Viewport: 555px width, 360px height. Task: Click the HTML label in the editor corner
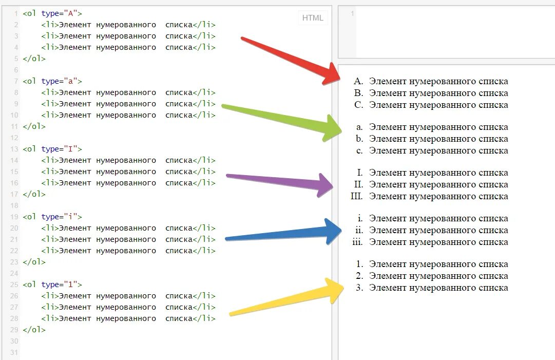pyautogui.click(x=313, y=18)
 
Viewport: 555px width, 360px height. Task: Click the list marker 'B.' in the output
pyautogui.click(x=358, y=93)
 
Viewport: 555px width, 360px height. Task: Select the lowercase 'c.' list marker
pyautogui.click(x=359, y=150)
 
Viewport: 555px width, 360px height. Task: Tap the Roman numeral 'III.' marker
pyautogui.click(x=357, y=196)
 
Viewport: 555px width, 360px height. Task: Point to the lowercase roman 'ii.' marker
pyautogui.click(x=359, y=230)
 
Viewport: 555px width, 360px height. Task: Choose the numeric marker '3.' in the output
pyautogui.click(x=359, y=288)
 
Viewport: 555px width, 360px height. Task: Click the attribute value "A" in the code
pyautogui.click(x=72, y=13)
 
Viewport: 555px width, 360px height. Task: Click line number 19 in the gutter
pyautogui.click(x=14, y=217)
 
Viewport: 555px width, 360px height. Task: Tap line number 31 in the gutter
pyautogui.click(x=14, y=352)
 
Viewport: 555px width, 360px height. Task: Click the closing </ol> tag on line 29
pyautogui.click(x=34, y=330)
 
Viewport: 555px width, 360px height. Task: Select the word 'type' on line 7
pyautogui.click(x=50, y=81)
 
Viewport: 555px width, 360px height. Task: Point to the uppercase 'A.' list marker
pyautogui.click(x=358, y=81)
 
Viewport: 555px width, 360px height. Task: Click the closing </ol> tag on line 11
pyautogui.click(x=34, y=126)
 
